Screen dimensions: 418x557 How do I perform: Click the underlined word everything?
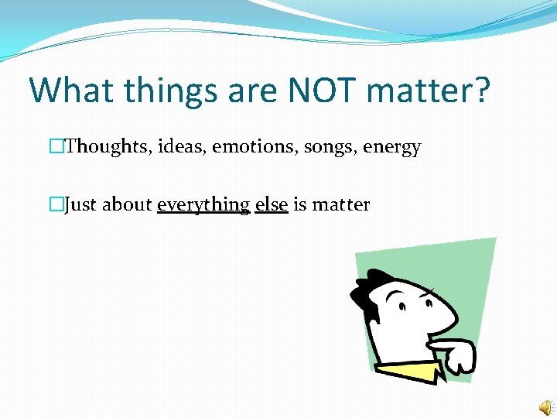203,205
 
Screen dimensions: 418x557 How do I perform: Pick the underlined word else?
272,204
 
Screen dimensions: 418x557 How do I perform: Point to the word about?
128,204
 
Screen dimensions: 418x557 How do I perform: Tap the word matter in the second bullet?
340,204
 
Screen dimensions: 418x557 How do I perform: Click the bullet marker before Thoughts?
54,146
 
